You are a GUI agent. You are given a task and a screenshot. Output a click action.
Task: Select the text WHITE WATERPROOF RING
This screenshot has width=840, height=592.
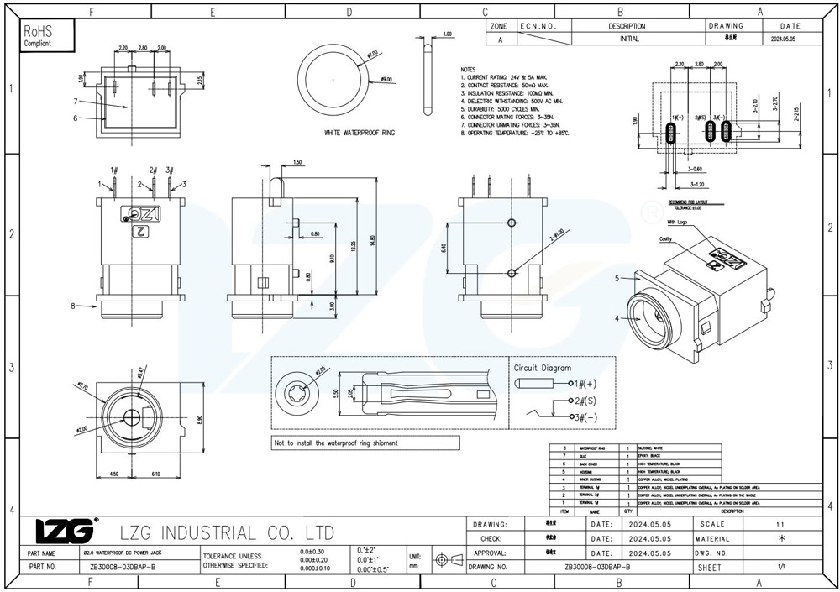click(360, 133)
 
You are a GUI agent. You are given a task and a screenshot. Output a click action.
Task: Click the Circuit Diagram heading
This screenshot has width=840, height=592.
click(543, 367)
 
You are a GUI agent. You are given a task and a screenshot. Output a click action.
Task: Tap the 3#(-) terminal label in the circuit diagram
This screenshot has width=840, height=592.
click(586, 416)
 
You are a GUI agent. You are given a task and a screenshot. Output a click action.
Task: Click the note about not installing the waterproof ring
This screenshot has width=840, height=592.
click(336, 443)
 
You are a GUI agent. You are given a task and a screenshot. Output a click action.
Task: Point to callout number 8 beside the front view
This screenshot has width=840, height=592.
click(73, 305)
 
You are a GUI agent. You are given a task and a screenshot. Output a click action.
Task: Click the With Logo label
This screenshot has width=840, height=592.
click(678, 223)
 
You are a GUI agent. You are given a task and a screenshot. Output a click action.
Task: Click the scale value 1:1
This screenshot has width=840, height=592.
click(781, 523)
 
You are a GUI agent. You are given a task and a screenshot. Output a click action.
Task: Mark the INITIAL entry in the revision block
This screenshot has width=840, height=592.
click(628, 39)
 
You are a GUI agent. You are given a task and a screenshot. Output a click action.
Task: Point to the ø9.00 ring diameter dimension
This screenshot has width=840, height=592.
click(386, 79)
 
